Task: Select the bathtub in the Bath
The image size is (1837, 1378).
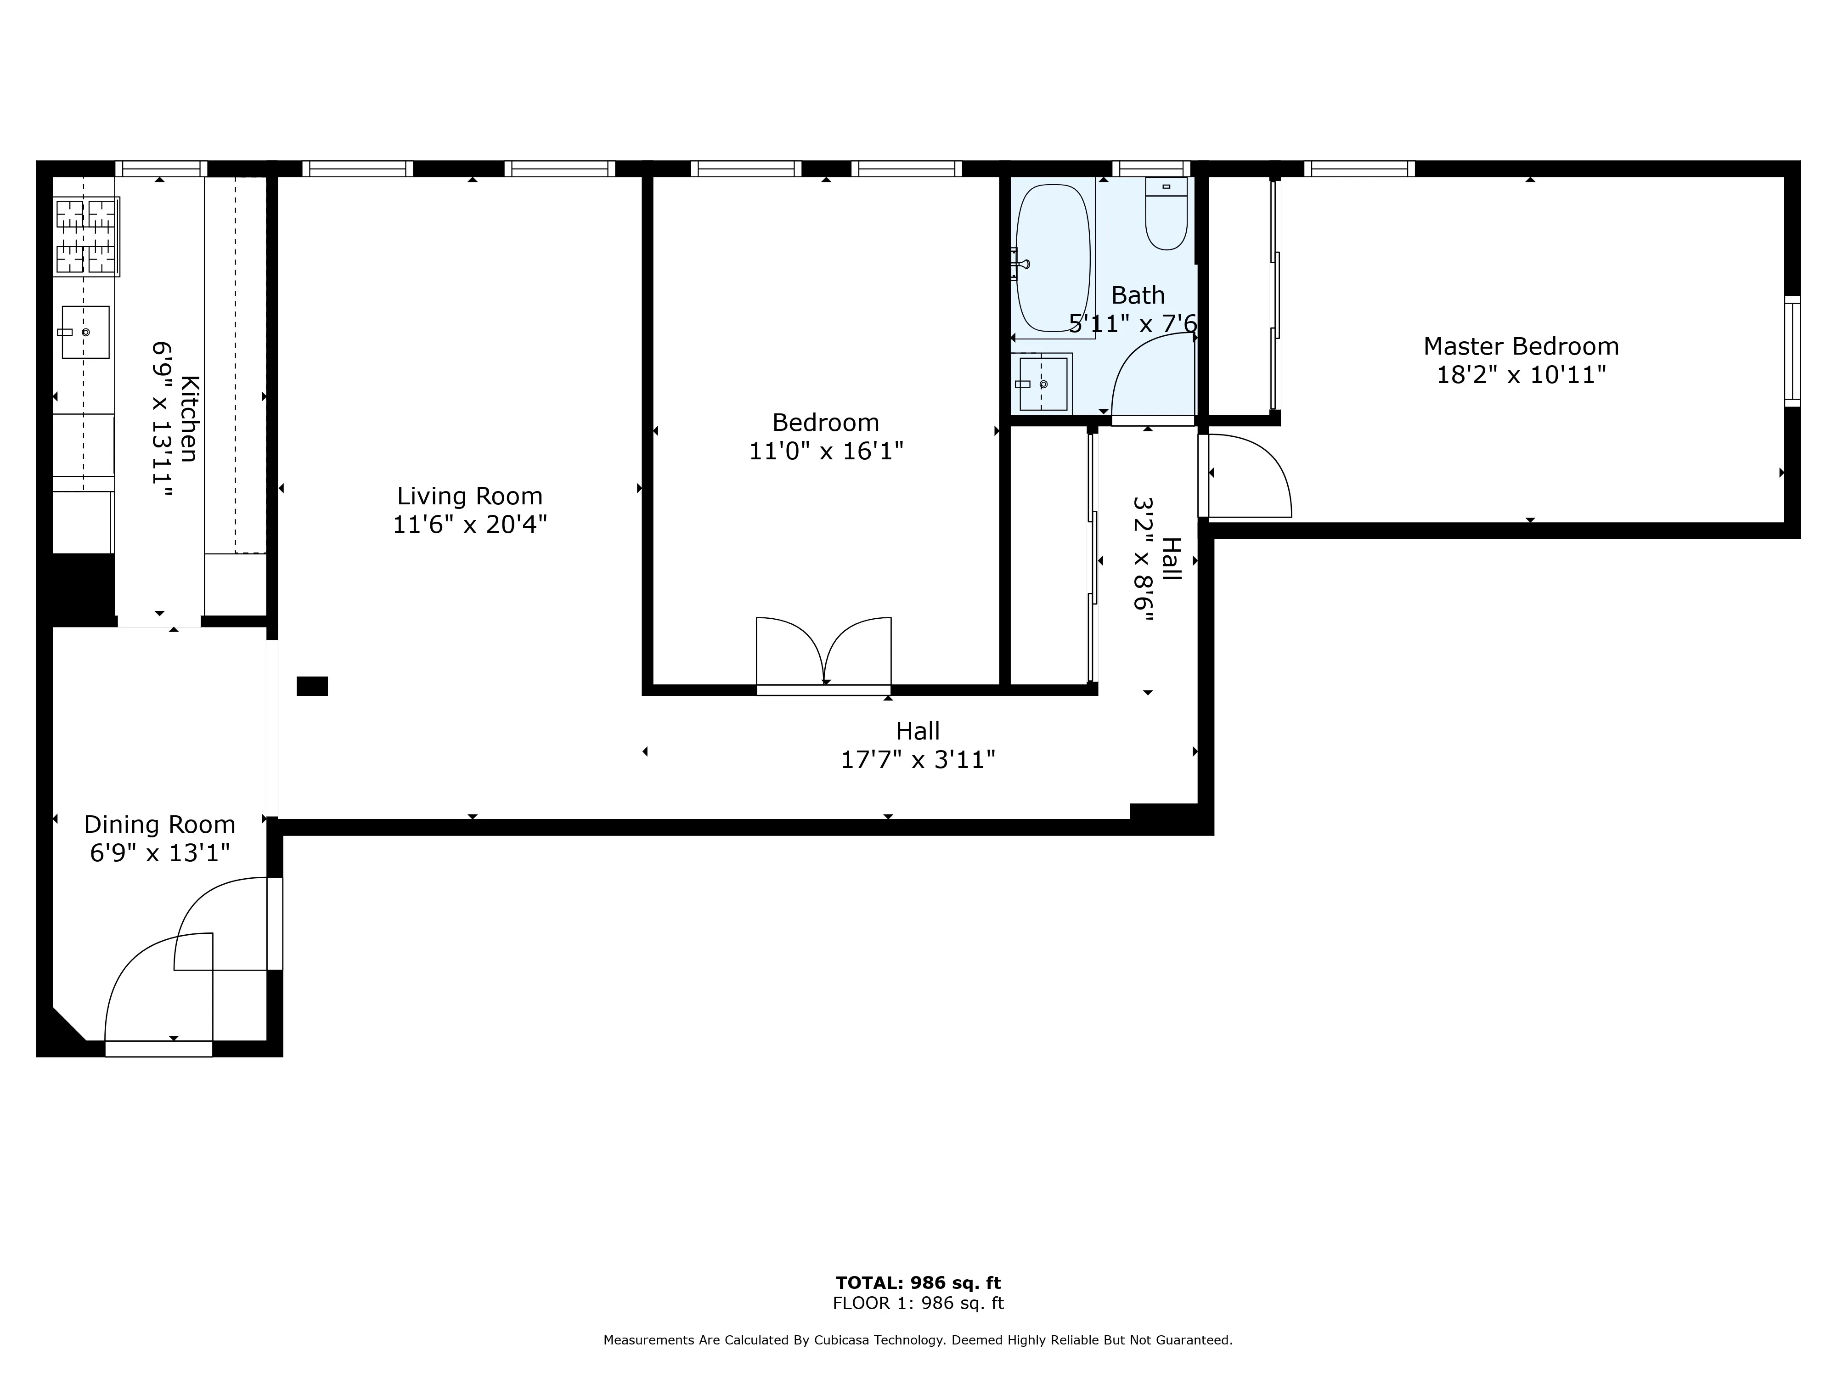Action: coord(1052,258)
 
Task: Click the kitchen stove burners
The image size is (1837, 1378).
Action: coord(86,236)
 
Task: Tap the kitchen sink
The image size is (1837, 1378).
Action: coord(85,332)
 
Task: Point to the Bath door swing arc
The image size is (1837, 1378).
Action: coord(1153,374)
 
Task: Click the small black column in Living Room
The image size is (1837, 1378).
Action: coord(312,686)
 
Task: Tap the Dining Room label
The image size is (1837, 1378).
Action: coord(159,825)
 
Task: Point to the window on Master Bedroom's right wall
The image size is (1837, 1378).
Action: coord(1792,350)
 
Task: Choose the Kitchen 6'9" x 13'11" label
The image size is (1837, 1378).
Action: coord(175,419)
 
